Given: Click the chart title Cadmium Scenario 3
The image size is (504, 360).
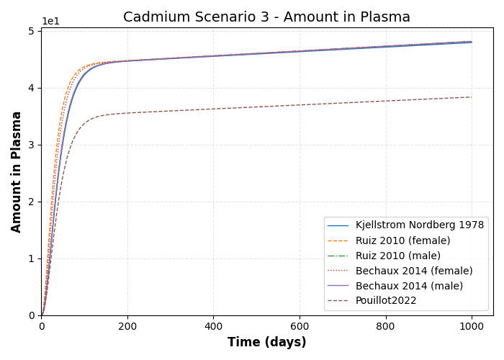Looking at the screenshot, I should pos(266,17).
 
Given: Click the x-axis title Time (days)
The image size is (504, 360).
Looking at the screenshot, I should pos(266,343).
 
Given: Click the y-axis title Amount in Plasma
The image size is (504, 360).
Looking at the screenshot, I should pos(17,171).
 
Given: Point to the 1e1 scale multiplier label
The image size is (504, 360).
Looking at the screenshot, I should pos(50,22).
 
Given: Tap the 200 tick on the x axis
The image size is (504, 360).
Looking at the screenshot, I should pos(127,326).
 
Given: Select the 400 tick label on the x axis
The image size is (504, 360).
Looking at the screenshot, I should pos(213,326).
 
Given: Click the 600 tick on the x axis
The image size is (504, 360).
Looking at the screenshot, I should pos(300,326).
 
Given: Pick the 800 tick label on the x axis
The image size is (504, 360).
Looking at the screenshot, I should pos(385,326).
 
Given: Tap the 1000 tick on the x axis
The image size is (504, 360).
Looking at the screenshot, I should pos(472,326).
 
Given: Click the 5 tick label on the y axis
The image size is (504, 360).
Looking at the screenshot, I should pos(31,31).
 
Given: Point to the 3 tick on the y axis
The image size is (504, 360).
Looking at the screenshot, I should pos(31,145).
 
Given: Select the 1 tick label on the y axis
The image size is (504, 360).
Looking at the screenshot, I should pos(31,258).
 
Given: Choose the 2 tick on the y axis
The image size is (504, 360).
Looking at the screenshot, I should pos(31,202).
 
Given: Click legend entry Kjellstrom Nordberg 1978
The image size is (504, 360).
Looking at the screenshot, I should pos(419,225).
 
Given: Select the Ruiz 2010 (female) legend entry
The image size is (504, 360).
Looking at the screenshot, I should pos(402,240).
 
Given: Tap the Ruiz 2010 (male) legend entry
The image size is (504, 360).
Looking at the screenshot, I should pos(397,256).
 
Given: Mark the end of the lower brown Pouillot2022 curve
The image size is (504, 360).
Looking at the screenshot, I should pos(472,97).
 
